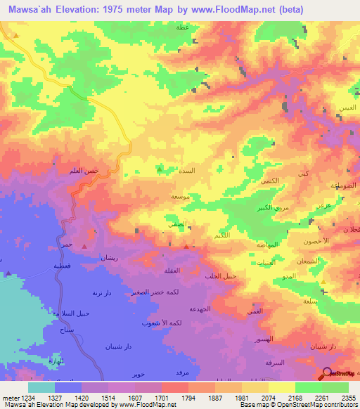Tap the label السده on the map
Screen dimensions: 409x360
(x=198, y=171)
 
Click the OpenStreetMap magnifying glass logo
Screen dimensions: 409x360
(x=326, y=373)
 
